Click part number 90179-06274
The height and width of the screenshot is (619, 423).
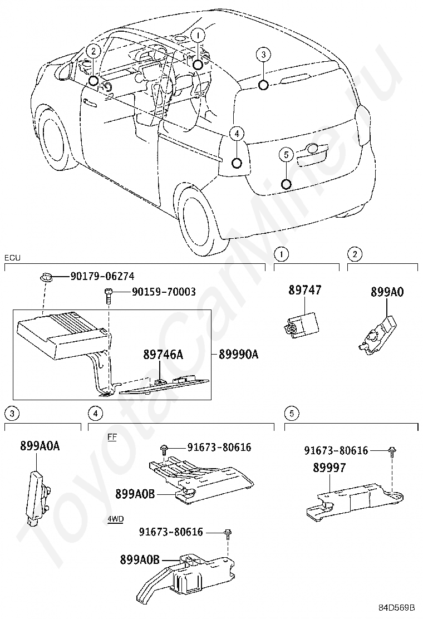[x=102, y=276]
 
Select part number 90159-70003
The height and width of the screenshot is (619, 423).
[x=164, y=292]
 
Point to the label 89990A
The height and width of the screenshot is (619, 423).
[x=238, y=355]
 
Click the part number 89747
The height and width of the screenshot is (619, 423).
[x=304, y=290]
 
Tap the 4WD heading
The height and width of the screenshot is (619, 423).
[x=115, y=519]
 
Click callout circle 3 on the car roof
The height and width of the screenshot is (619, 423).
[x=263, y=55]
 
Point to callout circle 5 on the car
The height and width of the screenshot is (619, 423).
[x=286, y=154]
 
